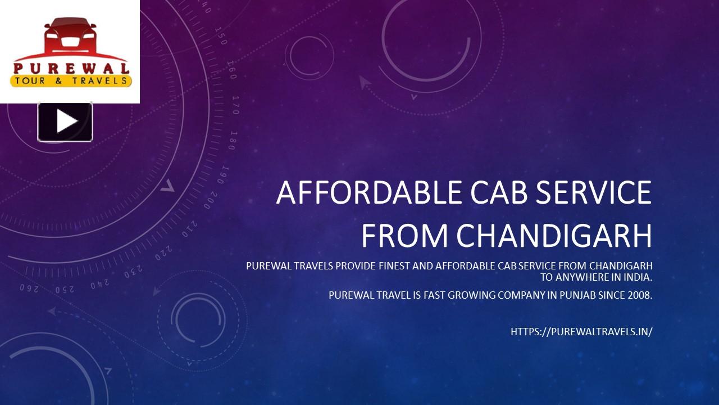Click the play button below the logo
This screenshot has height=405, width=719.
point(65,121)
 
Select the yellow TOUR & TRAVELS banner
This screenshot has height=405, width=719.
point(71,81)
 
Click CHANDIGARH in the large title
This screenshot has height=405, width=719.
point(554,236)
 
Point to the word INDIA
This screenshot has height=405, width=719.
point(639,277)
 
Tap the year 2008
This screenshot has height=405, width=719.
point(640,295)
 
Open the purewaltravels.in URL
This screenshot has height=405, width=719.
point(581,332)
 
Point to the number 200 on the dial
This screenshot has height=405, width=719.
point(211,198)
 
